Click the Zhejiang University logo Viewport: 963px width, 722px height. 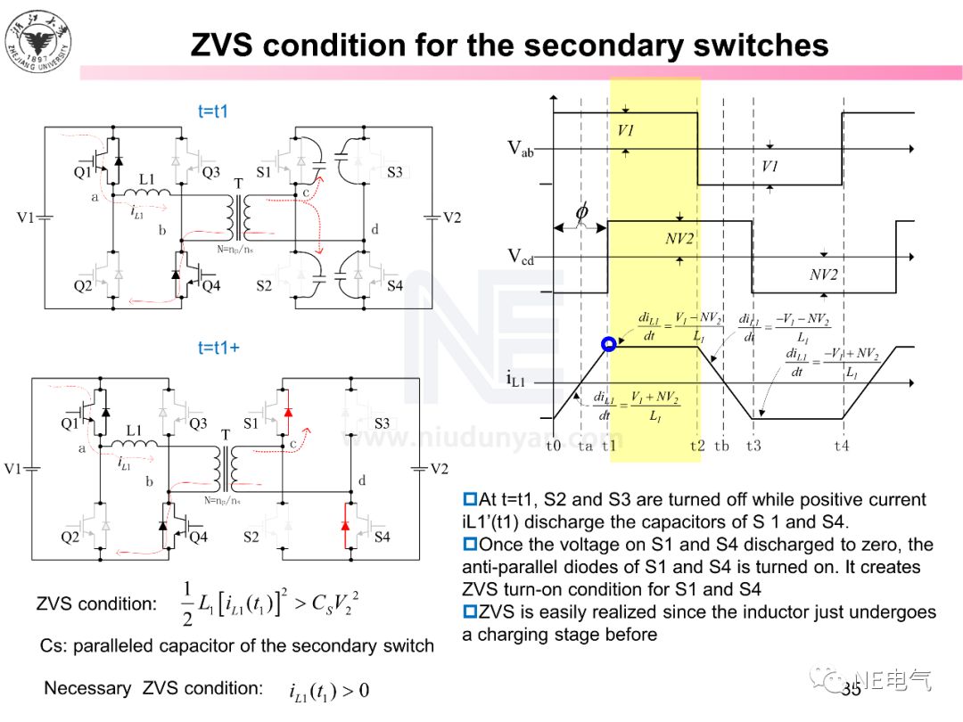pos(38,41)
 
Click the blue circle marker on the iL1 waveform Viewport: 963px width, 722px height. pos(609,345)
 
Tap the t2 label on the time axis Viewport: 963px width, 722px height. pos(698,445)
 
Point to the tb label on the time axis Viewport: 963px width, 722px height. pos(722,445)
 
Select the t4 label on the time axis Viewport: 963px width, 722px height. pos(841,445)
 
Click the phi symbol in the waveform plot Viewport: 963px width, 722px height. pos(581,213)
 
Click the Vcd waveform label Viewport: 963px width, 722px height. pos(522,258)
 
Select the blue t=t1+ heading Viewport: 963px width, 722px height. pos(218,348)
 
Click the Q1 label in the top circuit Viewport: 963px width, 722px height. pos(83,171)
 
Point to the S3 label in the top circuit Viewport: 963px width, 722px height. pos(394,171)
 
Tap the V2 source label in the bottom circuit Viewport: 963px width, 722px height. pos(440,469)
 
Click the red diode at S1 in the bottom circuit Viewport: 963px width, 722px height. pos(288,414)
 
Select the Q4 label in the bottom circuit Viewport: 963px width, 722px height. pos(198,537)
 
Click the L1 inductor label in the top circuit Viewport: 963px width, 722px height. pos(146,179)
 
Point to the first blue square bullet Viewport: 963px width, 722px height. pos(470,499)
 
